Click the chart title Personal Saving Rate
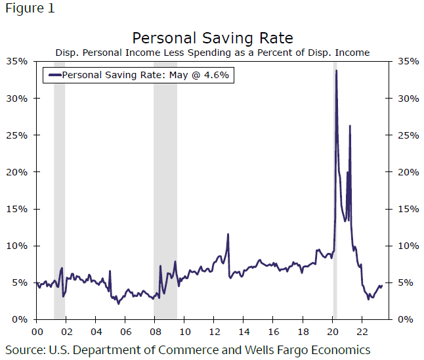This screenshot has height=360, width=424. pyautogui.click(x=212, y=37)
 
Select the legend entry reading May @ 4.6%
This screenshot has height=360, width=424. pyautogui.click(x=145, y=75)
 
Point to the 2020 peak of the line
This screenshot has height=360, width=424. pyautogui.click(x=337, y=71)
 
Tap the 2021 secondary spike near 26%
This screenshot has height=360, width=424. pyautogui.click(x=350, y=126)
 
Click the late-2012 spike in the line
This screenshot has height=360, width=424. pyautogui.click(x=228, y=234)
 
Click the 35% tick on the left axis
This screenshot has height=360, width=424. pyautogui.click(x=18, y=62)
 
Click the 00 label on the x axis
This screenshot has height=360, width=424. pyautogui.click(x=37, y=332)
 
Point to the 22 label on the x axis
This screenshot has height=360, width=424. pyautogui.click(x=362, y=332)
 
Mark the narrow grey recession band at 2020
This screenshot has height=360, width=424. pyautogui.click(x=335, y=197)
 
